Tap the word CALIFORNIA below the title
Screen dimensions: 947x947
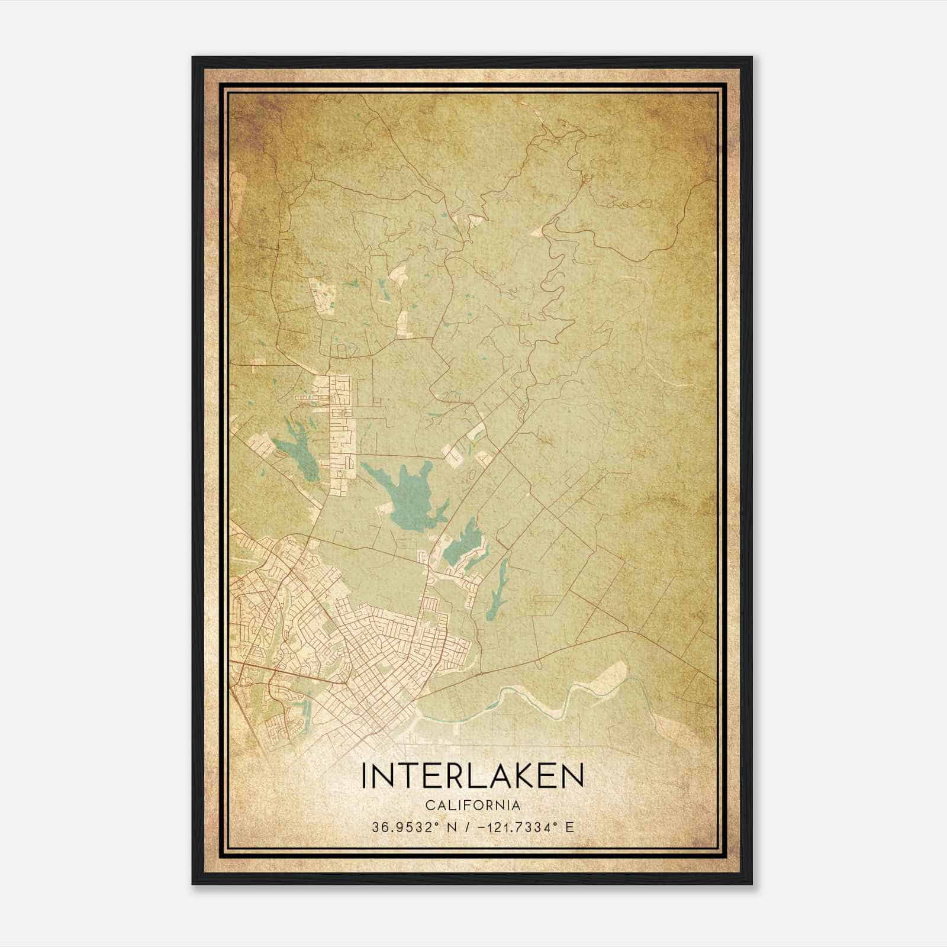click(x=473, y=806)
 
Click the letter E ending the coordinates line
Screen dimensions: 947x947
click(x=569, y=827)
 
